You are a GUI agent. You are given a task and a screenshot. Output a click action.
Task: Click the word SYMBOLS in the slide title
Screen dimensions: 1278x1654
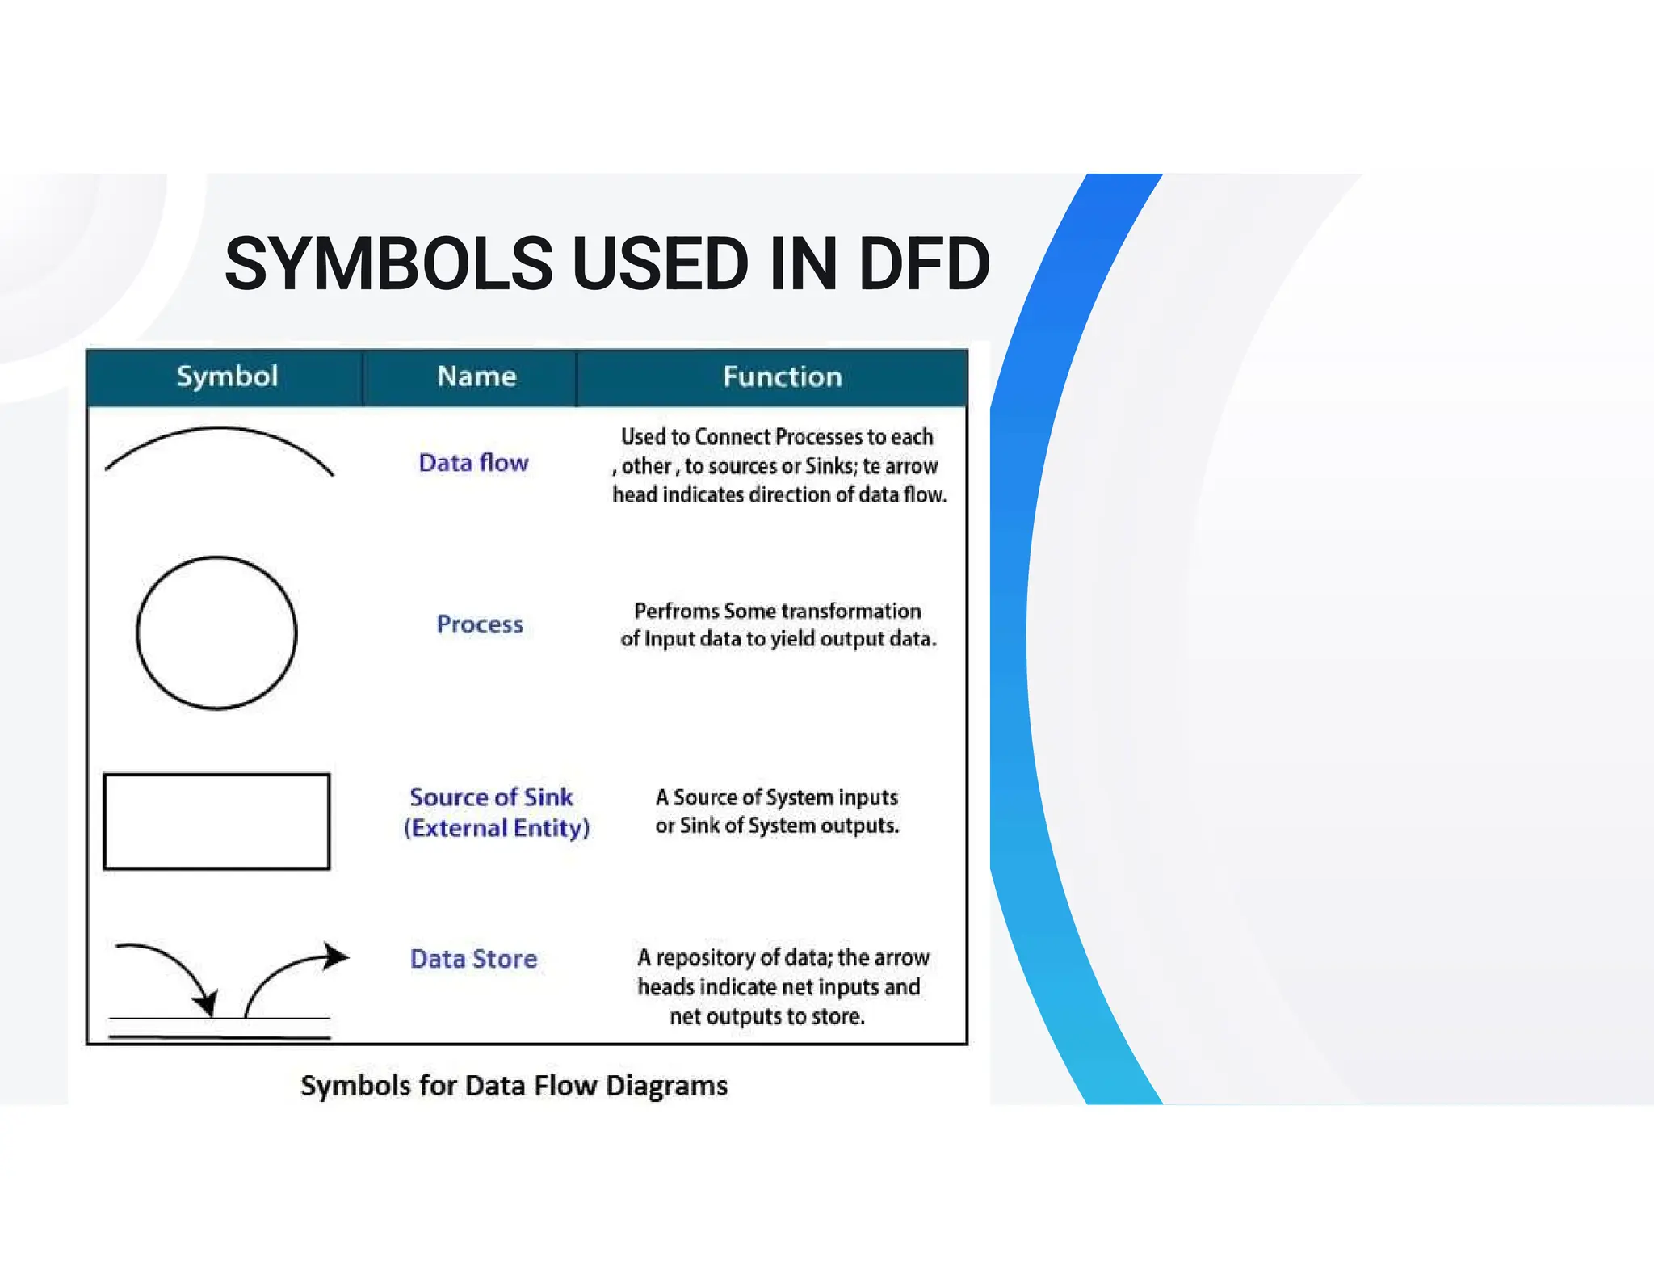(x=388, y=264)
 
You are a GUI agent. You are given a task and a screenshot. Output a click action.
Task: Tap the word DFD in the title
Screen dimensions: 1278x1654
(x=923, y=264)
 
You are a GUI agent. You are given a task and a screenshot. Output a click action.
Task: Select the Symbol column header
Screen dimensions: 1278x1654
(x=227, y=376)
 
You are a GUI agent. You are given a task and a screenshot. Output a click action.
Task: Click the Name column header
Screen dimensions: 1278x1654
(x=476, y=376)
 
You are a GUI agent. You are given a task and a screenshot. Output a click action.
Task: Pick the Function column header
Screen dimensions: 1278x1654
(x=782, y=376)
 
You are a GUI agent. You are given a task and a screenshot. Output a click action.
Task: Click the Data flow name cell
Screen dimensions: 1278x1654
(x=473, y=463)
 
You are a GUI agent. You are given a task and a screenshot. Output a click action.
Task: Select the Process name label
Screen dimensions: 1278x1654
(x=480, y=624)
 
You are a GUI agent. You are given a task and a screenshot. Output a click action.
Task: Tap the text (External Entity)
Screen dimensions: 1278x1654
(x=497, y=828)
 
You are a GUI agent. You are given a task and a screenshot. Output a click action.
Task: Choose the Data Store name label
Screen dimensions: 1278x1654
(x=473, y=959)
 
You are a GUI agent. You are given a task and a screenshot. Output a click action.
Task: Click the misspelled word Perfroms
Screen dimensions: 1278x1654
(x=676, y=612)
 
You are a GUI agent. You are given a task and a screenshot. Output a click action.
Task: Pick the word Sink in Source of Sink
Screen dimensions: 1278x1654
(x=548, y=797)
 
